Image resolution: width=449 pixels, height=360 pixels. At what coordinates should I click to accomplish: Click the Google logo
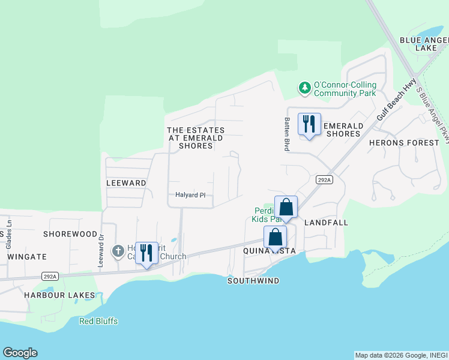click(20, 353)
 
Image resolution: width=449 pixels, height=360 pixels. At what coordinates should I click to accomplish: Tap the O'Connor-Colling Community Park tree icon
click(305, 88)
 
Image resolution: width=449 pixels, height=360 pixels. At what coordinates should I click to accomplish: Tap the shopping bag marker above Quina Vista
click(275, 238)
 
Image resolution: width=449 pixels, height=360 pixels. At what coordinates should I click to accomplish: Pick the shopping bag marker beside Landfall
click(286, 208)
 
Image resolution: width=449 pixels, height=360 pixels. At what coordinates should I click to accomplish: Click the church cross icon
click(118, 250)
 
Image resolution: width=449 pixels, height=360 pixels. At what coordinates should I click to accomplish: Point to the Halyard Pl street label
click(190, 195)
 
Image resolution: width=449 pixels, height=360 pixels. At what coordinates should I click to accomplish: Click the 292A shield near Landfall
click(324, 179)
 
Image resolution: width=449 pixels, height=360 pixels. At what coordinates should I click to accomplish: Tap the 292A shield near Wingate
click(50, 276)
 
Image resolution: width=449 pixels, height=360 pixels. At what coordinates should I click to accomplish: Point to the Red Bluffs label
click(98, 321)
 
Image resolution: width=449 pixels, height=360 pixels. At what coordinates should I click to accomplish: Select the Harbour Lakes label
click(59, 295)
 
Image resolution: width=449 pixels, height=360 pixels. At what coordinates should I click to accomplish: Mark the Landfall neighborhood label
click(327, 223)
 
